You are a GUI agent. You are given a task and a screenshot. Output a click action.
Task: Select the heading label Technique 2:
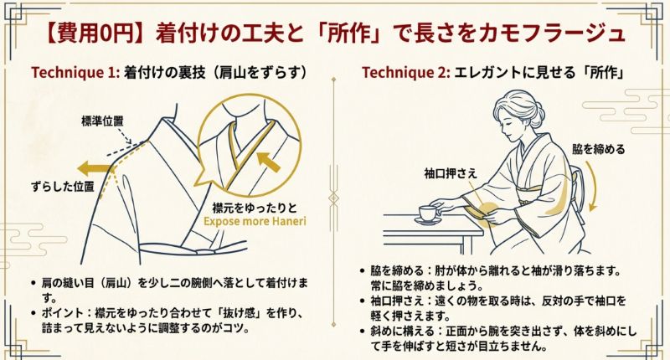tap(405, 72)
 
